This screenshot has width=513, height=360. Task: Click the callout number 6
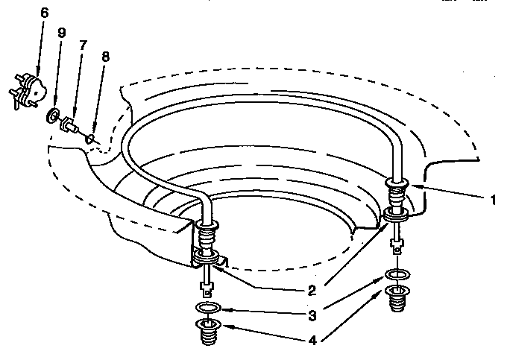45,13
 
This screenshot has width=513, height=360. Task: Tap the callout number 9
61,32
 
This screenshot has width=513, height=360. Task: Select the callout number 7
83,45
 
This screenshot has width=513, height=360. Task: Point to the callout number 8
105,57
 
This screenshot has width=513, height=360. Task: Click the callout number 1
493,200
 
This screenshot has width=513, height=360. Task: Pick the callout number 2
312,291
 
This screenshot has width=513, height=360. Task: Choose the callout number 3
312,315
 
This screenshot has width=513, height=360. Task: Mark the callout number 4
312,341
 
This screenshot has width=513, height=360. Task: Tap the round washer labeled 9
53,116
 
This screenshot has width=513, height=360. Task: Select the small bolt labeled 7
69,125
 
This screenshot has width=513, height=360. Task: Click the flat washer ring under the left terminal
208,308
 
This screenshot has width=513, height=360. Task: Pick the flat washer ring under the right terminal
397,274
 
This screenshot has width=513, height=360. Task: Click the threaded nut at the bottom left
208,332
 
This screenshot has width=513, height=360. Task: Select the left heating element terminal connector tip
207,288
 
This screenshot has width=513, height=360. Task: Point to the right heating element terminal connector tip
397,247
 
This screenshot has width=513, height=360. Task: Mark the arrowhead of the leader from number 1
415,186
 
